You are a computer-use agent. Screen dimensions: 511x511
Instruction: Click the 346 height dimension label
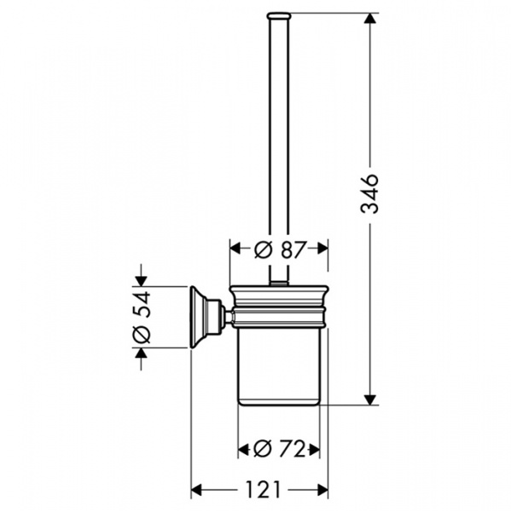[369, 193]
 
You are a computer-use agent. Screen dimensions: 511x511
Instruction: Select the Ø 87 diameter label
[281, 250]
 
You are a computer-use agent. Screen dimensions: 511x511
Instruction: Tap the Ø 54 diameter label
[142, 317]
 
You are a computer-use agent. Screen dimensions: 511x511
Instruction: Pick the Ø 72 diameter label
[279, 450]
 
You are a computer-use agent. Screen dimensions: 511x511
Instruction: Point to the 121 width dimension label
[263, 490]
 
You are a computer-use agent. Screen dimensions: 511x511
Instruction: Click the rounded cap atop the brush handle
[278, 15]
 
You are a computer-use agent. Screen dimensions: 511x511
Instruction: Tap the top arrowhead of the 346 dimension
[369, 18]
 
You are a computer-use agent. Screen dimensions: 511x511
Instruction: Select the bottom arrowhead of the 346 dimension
[369, 400]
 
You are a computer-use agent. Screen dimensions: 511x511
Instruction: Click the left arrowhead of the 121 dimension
[196, 490]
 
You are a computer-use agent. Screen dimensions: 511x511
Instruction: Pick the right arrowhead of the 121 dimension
[322, 490]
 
